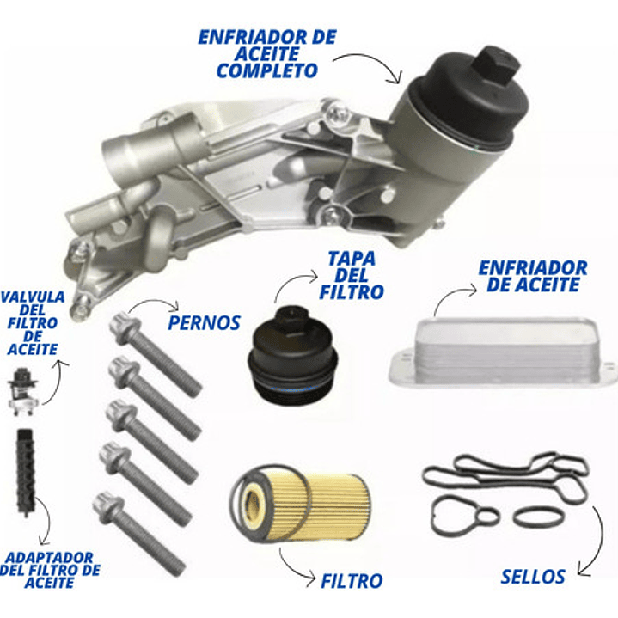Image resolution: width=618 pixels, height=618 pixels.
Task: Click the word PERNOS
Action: click(x=204, y=323)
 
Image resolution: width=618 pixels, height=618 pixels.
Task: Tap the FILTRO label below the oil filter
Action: click(x=352, y=581)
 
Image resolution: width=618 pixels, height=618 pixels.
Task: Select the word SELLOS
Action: click(x=534, y=576)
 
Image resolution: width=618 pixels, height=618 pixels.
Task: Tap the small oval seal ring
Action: click(x=540, y=516)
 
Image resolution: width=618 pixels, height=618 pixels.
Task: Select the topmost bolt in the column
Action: click(x=155, y=356)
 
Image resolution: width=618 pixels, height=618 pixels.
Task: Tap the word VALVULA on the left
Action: click(x=32, y=297)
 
